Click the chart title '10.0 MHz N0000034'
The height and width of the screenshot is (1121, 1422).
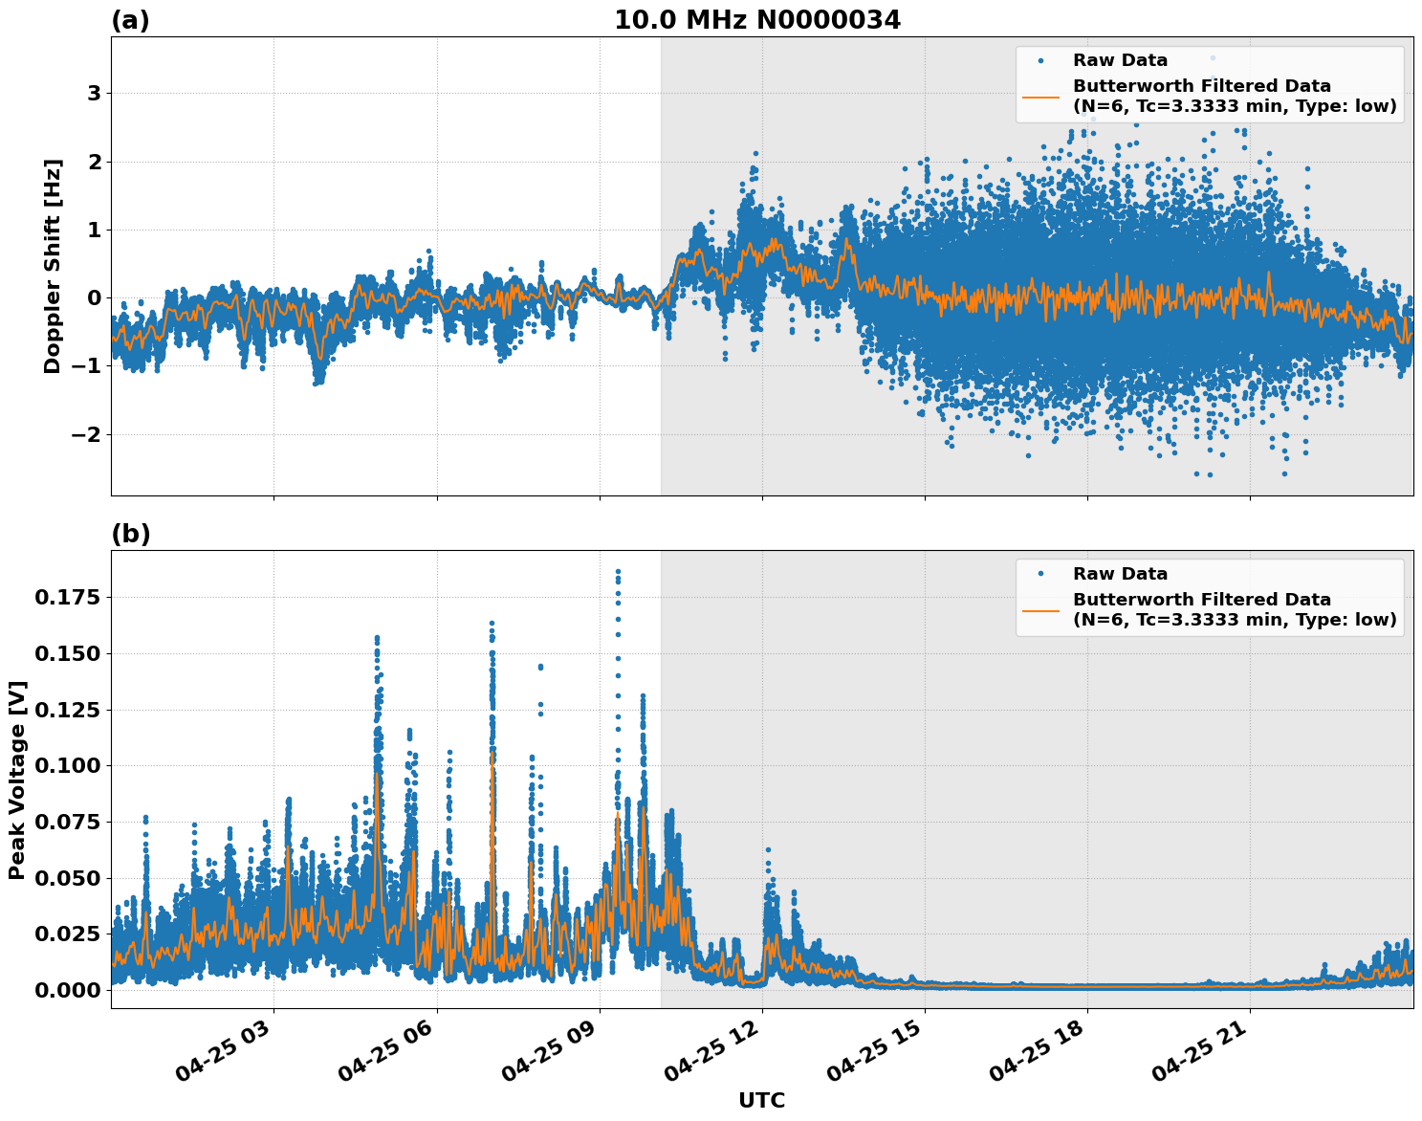click(x=756, y=20)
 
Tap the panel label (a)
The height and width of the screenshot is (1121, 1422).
click(x=130, y=20)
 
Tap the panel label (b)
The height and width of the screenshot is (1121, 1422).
click(x=130, y=534)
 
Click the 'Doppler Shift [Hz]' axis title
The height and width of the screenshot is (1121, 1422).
click(x=53, y=266)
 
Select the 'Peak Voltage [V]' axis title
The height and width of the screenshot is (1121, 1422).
click(x=17, y=780)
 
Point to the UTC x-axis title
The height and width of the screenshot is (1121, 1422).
click(x=761, y=1100)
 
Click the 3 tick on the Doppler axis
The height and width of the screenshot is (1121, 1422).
click(x=94, y=94)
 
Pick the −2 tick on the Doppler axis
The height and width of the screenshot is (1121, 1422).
click(x=86, y=435)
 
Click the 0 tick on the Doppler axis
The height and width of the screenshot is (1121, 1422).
click(x=94, y=298)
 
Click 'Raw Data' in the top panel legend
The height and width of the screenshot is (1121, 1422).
click(x=1120, y=60)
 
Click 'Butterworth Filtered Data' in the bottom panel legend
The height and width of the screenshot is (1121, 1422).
click(x=1201, y=600)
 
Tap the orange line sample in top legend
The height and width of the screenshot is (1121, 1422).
click(x=1040, y=97)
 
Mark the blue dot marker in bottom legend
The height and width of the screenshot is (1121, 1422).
click(x=1040, y=574)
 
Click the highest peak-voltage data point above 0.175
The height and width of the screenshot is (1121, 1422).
click(x=618, y=571)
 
